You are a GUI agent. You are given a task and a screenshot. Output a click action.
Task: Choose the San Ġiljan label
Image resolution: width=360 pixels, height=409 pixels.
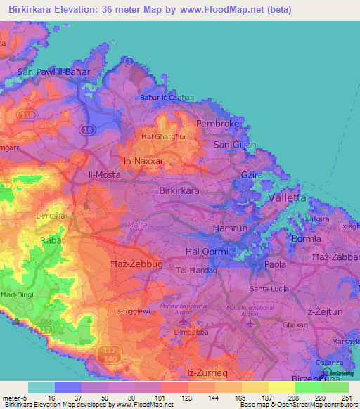pyautogui.click(x=233, y=145)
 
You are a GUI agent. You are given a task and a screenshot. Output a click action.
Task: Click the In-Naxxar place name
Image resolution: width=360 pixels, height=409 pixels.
pyautogui.click(x=143, y=161)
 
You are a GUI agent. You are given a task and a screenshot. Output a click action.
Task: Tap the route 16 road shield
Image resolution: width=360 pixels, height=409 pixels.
pyautogui.click(x=86, y=129)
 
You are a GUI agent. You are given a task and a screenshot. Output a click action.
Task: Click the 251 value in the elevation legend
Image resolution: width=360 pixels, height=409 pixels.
pyautogui.click(x=346, y=398)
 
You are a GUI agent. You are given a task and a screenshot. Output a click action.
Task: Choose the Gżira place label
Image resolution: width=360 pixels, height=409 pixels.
pyautogui.click(x=270, y=173)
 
